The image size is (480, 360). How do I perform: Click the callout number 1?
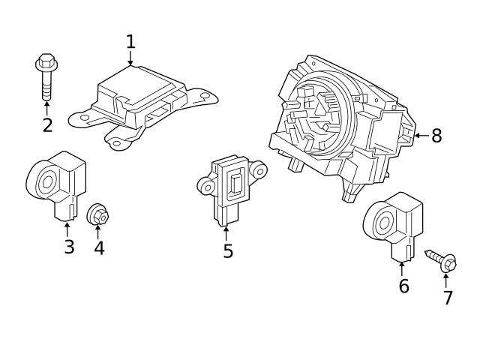(130, 42)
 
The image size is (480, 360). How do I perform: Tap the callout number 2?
(47, 125)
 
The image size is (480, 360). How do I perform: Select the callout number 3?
(69, 247)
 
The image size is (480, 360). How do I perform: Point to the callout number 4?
(99, 248)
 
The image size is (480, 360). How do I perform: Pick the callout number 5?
(228, 251)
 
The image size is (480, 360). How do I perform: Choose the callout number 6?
(403, 286)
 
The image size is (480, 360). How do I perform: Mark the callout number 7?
(448, 298)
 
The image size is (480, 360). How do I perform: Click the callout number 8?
(436, 136)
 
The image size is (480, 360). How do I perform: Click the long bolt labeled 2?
(46, 79)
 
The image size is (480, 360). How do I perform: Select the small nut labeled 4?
(98, 214)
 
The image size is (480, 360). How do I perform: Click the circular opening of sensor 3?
(46, 181)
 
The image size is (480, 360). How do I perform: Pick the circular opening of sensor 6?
(382, 222)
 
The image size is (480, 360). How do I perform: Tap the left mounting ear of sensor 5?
(205, 184)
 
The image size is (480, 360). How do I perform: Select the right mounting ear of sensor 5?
(259, 170)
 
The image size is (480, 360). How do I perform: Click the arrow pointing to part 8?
(420, 136)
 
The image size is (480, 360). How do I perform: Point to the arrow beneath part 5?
(226, 232)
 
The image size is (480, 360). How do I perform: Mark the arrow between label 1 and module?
(130, 60)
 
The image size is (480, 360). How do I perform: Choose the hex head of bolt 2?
(45, 62)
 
